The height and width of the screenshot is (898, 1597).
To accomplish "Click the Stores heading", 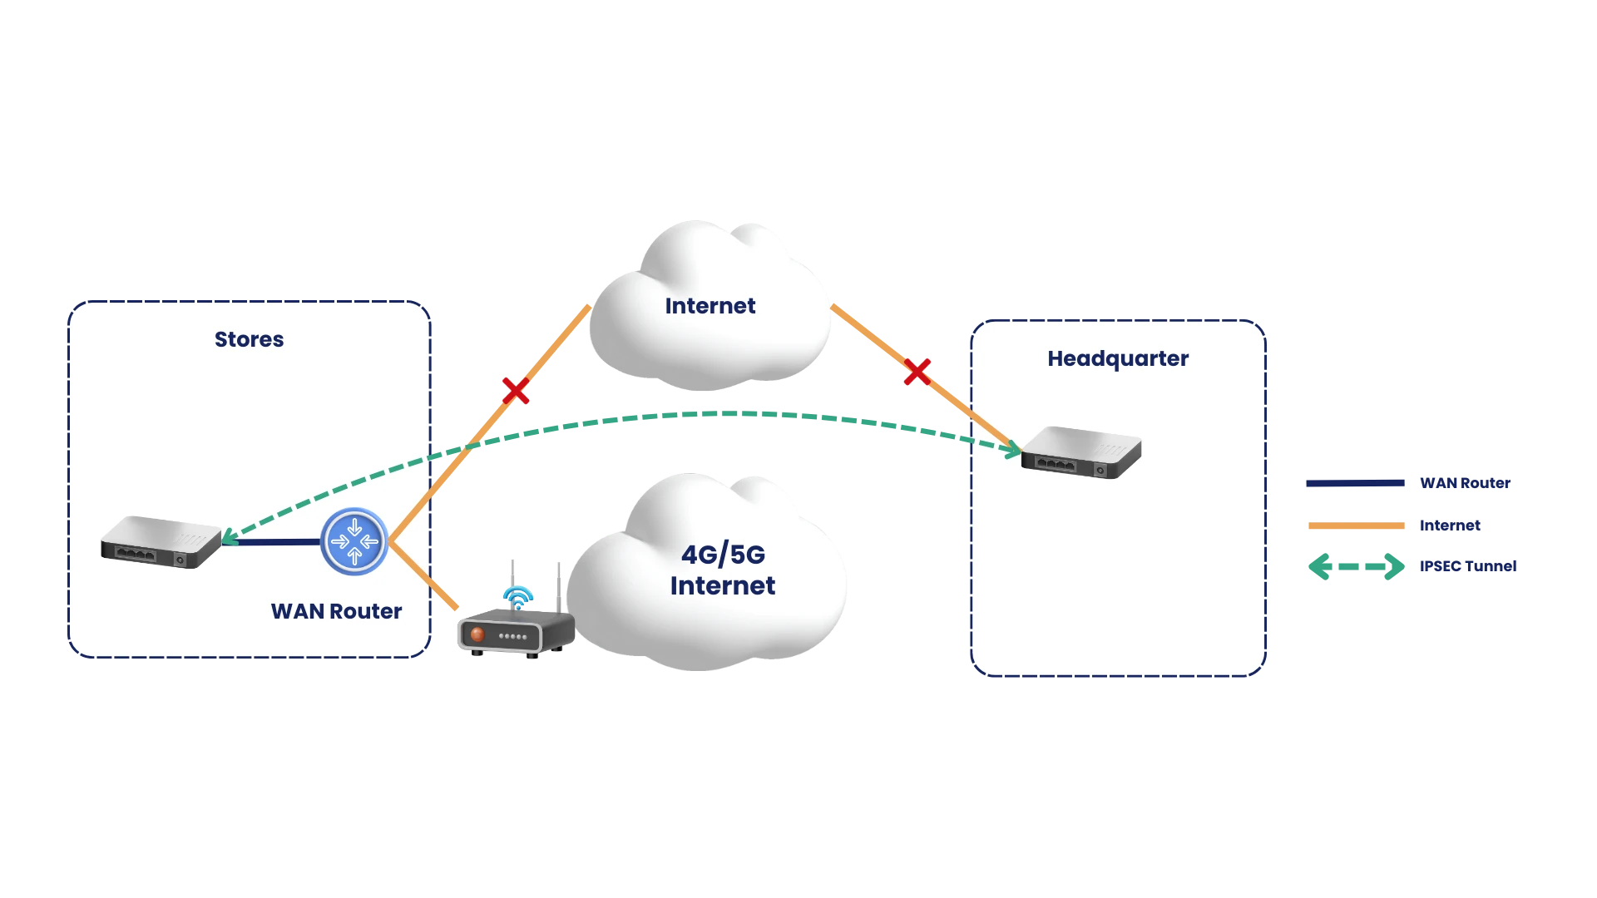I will tap(249, 339).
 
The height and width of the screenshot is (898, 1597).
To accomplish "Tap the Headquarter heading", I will tap(1117, 358).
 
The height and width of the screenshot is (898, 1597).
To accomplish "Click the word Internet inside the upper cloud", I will tap(710, 306).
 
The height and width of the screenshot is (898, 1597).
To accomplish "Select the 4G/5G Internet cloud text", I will tap(722, 570).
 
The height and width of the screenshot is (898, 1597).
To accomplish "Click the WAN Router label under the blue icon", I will tap(336, 611).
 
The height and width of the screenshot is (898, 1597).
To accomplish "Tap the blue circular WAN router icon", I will tap(354, 541).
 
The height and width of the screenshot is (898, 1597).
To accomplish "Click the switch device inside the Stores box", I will tap(161, 542).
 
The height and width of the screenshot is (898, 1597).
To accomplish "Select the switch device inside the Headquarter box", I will tap(1080, 452).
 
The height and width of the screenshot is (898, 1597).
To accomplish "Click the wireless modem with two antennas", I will tap(514, 632).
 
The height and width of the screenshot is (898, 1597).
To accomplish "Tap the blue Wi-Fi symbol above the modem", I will tap(517, 595).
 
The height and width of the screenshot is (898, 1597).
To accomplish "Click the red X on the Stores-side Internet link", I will tap(515, 390).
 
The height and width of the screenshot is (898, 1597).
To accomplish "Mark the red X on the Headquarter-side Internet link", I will tap(917, 371).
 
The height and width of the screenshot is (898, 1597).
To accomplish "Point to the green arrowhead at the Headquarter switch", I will tap(1013, 451).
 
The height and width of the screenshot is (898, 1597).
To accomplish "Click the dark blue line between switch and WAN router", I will tap(271, 542).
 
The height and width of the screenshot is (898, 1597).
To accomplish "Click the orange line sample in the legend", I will tap(1356, 525).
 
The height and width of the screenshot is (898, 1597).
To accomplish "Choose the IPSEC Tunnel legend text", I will tap(1468, 566).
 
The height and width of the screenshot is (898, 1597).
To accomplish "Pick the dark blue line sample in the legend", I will tap(1356, 484).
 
